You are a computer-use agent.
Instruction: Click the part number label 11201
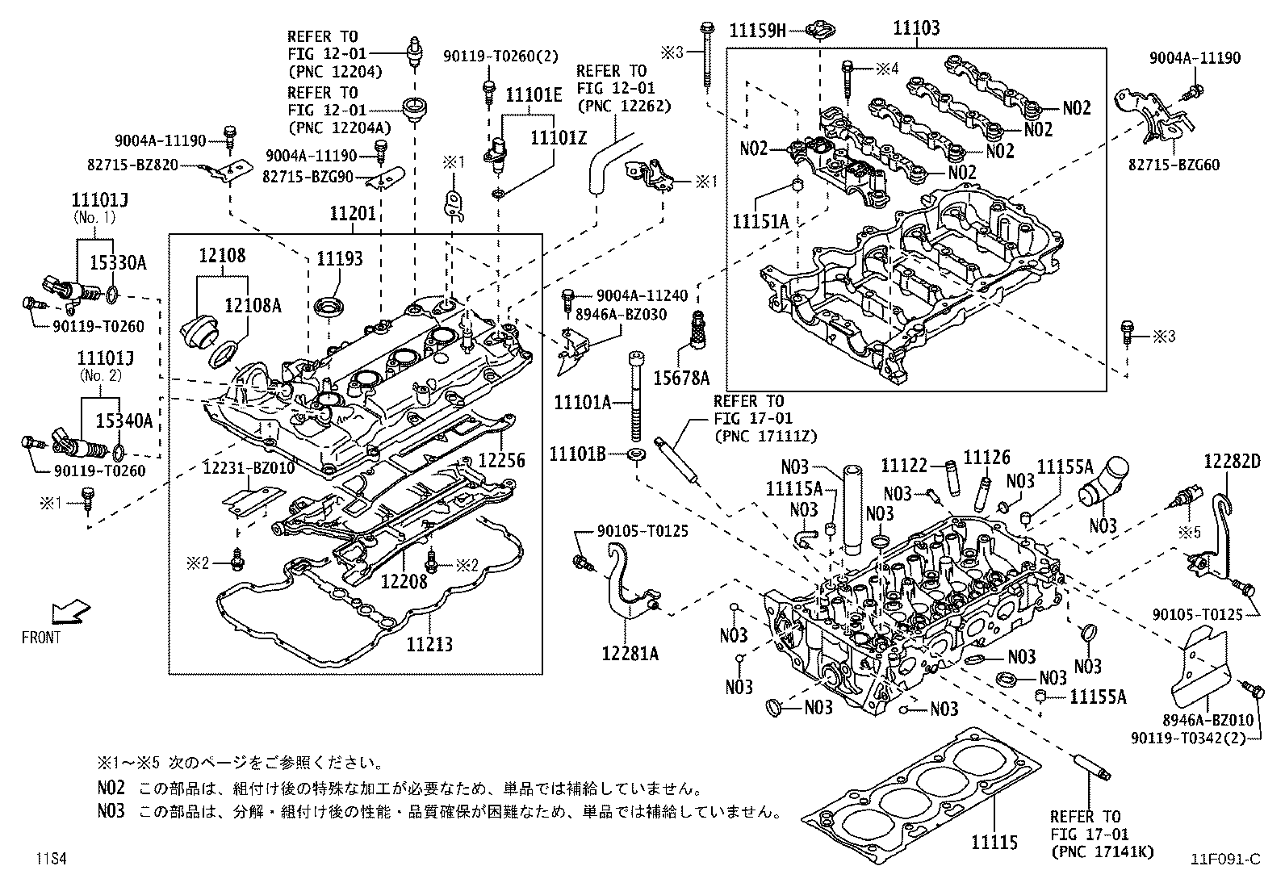click(x=353, y=214)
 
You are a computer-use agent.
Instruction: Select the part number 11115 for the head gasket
click(x=994, y=843)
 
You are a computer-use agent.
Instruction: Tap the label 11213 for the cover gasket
click(x=429, y=644)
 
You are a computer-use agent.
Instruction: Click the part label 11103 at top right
click(x=916, y=29)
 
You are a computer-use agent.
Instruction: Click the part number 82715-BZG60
click(x=1174, y=165)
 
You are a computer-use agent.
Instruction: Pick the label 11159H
click(x=757, y=31)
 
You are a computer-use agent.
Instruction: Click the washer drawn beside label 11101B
click(x=636, y=455)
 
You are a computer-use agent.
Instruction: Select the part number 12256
click(x=501, y=461)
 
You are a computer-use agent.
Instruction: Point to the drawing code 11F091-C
click(x=1224, y=859)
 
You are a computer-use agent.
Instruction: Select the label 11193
click(x=339, y=258)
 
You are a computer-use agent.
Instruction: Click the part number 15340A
click(x=123, y=420)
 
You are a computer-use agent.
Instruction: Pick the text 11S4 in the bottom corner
click(x=49, y=859)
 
